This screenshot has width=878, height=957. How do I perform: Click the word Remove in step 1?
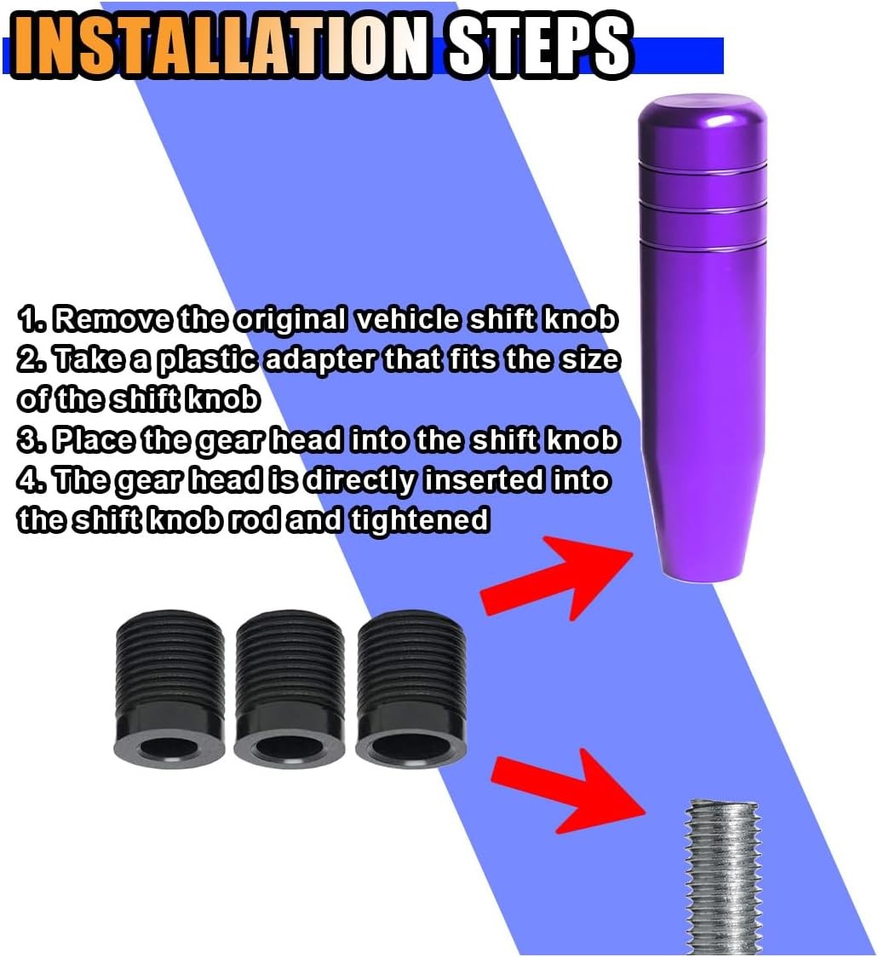click(112, 319)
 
